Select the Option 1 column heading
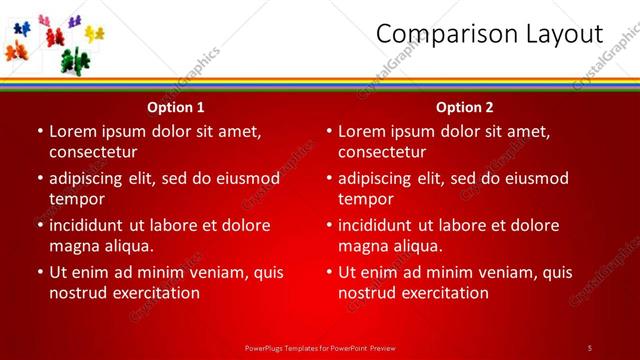[176, 107]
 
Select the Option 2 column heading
[465, 107]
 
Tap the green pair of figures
[75, 60]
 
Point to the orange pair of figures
[17, 51]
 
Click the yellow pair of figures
[94, 34]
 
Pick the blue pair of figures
[22, 28]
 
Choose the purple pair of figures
[75, 21]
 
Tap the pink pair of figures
[44, 21]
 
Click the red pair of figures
[55, 37]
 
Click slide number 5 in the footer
[589, 347]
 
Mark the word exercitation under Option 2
[439, 293]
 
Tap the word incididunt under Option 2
[382, 225]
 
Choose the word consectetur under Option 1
[93, 152]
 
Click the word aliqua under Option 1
[127, 246]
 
